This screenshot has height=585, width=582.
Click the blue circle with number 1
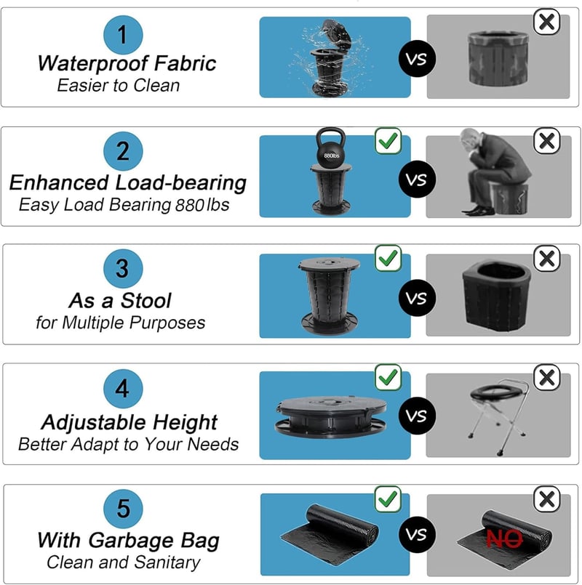pos(123,35)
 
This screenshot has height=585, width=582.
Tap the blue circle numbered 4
pos(123,388)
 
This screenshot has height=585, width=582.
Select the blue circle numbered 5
pos(123,509)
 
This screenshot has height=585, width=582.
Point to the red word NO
pos(504,538)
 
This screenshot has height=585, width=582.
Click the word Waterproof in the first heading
pos(92,64)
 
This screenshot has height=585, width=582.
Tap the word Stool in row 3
pos(146,301)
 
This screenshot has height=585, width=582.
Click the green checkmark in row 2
pos(388,141)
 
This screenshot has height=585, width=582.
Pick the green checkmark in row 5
pos(388,499)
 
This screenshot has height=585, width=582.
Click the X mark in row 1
pos(547,22)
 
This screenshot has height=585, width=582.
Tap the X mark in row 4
pos(547,378)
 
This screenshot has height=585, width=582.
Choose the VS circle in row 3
pos(417,298)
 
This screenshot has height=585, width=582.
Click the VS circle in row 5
pos(417,535)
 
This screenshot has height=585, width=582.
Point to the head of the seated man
pos(471,140)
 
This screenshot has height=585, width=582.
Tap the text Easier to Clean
pos(119,86)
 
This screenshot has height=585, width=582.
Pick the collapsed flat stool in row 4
pos(330,416)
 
